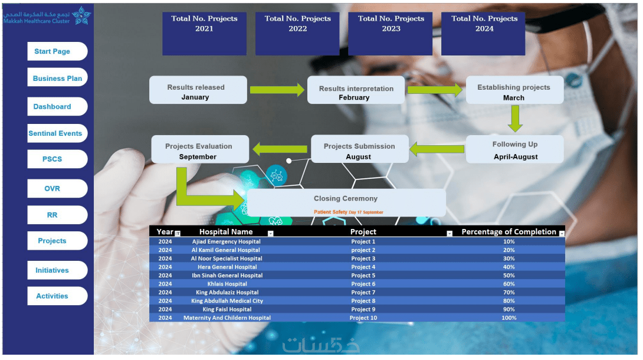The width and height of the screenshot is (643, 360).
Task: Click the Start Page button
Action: click(x=57, y=51)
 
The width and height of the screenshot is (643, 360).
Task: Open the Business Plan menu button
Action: click(x=57, y=78)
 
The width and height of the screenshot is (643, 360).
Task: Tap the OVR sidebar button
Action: click(x=57, y=188)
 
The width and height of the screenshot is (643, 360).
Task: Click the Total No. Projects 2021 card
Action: click(x=204, y=34)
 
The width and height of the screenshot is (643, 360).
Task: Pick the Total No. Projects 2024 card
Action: click(x=483, y=34)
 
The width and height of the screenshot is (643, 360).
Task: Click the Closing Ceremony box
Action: click(x=346, y=202)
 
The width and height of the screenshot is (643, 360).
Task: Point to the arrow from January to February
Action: click(x=276, y=90)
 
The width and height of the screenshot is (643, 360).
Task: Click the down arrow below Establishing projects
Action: click(x=515, y=119)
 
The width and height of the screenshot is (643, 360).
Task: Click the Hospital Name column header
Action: click(x=226, y=232)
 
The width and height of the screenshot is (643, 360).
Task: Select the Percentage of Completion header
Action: click(x=509, y=232)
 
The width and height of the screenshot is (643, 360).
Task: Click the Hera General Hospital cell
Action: click(x=227, y=267)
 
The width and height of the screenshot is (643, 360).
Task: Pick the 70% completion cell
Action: click(x=509, y=292)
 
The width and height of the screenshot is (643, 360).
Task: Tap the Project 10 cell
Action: click(x=363, y=318)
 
